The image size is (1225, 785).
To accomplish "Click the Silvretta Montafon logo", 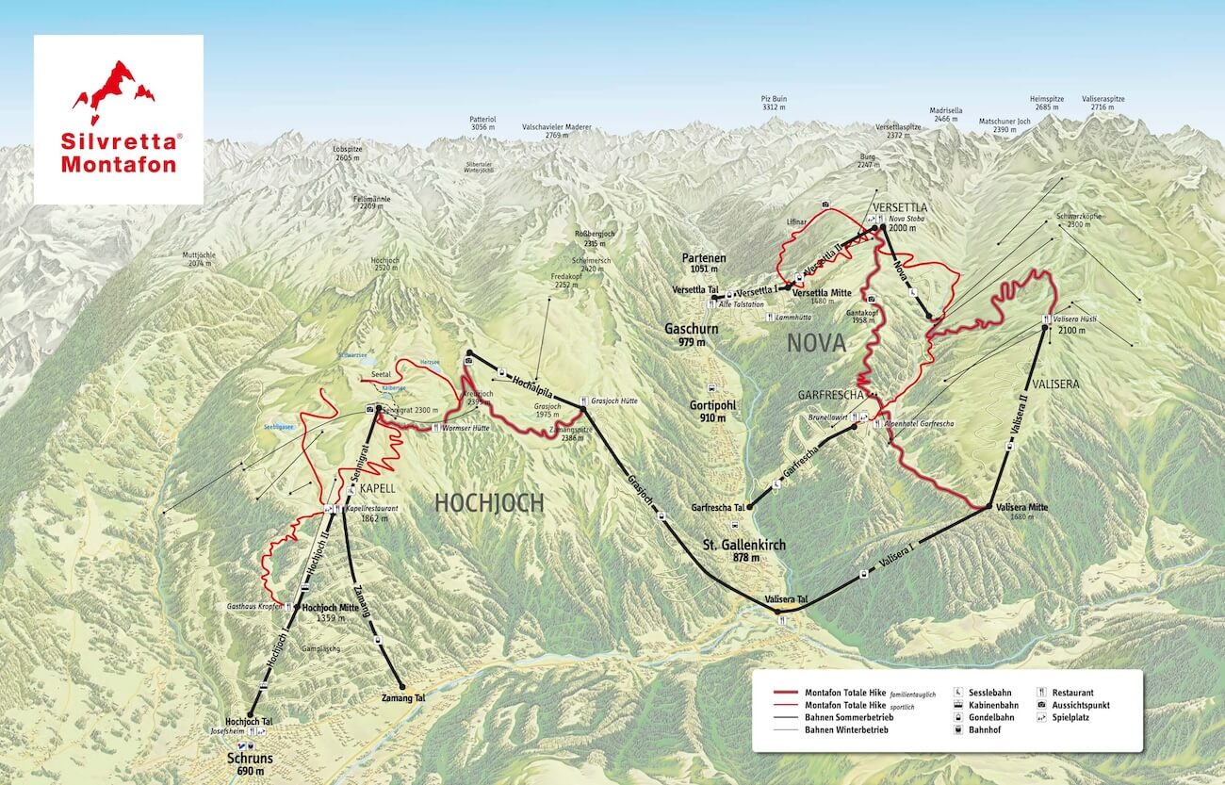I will click(x=119, y=119).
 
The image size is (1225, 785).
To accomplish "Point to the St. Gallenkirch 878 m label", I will click(x=743, y=551).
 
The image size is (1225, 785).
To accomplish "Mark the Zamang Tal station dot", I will click(x=401, y=686).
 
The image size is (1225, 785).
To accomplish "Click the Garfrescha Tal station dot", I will click(x=750, y=506).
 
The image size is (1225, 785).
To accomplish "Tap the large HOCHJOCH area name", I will click(x=489, y=503).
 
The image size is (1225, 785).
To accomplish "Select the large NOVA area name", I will click(x=816, y=344).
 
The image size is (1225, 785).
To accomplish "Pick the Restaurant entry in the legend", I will click(x=1071, y=692).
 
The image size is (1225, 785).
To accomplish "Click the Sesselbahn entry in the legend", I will click(x=989, y=692).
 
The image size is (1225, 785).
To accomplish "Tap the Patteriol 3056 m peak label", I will click(x=482, y=123).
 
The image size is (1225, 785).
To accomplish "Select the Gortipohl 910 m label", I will click(x=708, y=411).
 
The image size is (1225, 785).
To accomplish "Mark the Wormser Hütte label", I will click(x=465, y=428).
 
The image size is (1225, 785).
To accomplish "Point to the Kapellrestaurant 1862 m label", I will click(x=372, y=513).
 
